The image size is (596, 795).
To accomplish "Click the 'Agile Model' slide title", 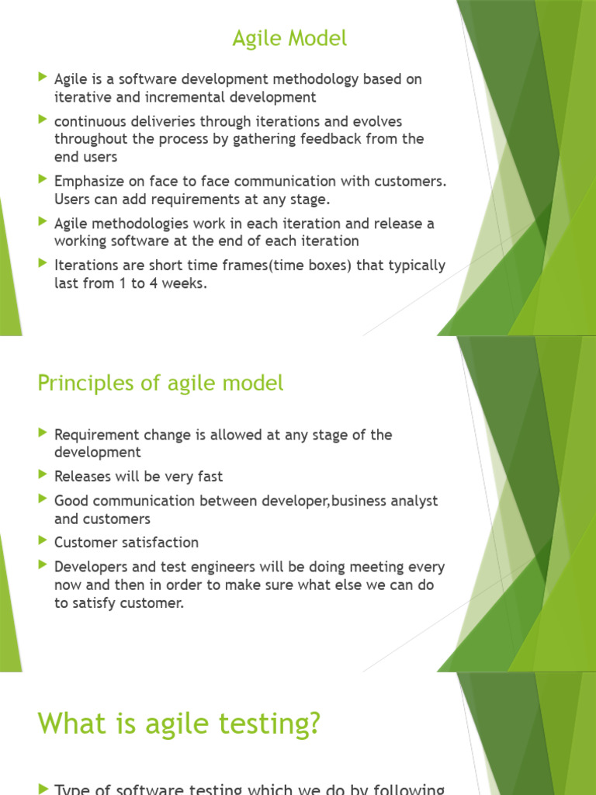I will click(289, 38).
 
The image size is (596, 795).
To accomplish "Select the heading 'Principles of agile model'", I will click(161, 383).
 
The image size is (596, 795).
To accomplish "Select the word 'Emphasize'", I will click(86, 182).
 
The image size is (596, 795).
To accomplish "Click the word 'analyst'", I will click(412, 501).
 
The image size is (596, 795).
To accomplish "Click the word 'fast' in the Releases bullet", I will click(210, 477).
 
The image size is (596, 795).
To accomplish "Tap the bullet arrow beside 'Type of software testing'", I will click(42, 788).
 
